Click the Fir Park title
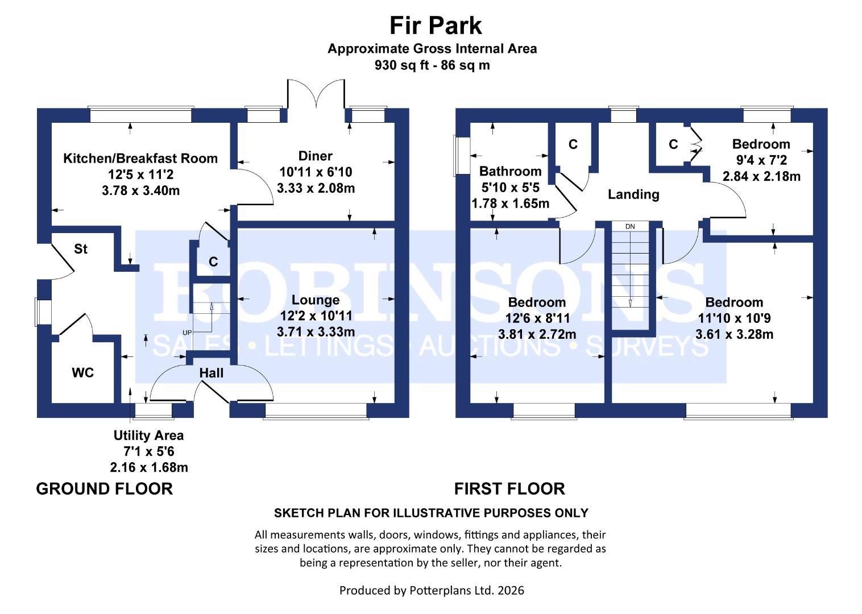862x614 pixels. (435, 26)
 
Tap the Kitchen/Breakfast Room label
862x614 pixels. (140, 158)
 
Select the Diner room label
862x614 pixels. (315, 156)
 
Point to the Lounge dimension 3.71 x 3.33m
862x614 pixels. (316, 331)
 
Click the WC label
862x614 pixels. (83, 372)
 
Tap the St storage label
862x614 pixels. (80, 249)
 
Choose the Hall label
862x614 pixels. (212, 373)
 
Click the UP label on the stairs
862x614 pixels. (187, 333)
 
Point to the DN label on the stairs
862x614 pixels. (630, 227)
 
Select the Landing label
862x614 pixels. (633, 194)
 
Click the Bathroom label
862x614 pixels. (510, 171)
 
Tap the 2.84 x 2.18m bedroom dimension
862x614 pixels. (761, 176)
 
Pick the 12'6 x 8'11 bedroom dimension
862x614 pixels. (537, 318)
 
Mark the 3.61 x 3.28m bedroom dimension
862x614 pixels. (734, 334)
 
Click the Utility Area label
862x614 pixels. (148, 435)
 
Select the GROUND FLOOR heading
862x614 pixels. (104, 489)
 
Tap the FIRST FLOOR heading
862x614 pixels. (509, 489)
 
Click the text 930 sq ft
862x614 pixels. (402, 65)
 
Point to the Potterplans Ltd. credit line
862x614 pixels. (432, 590)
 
